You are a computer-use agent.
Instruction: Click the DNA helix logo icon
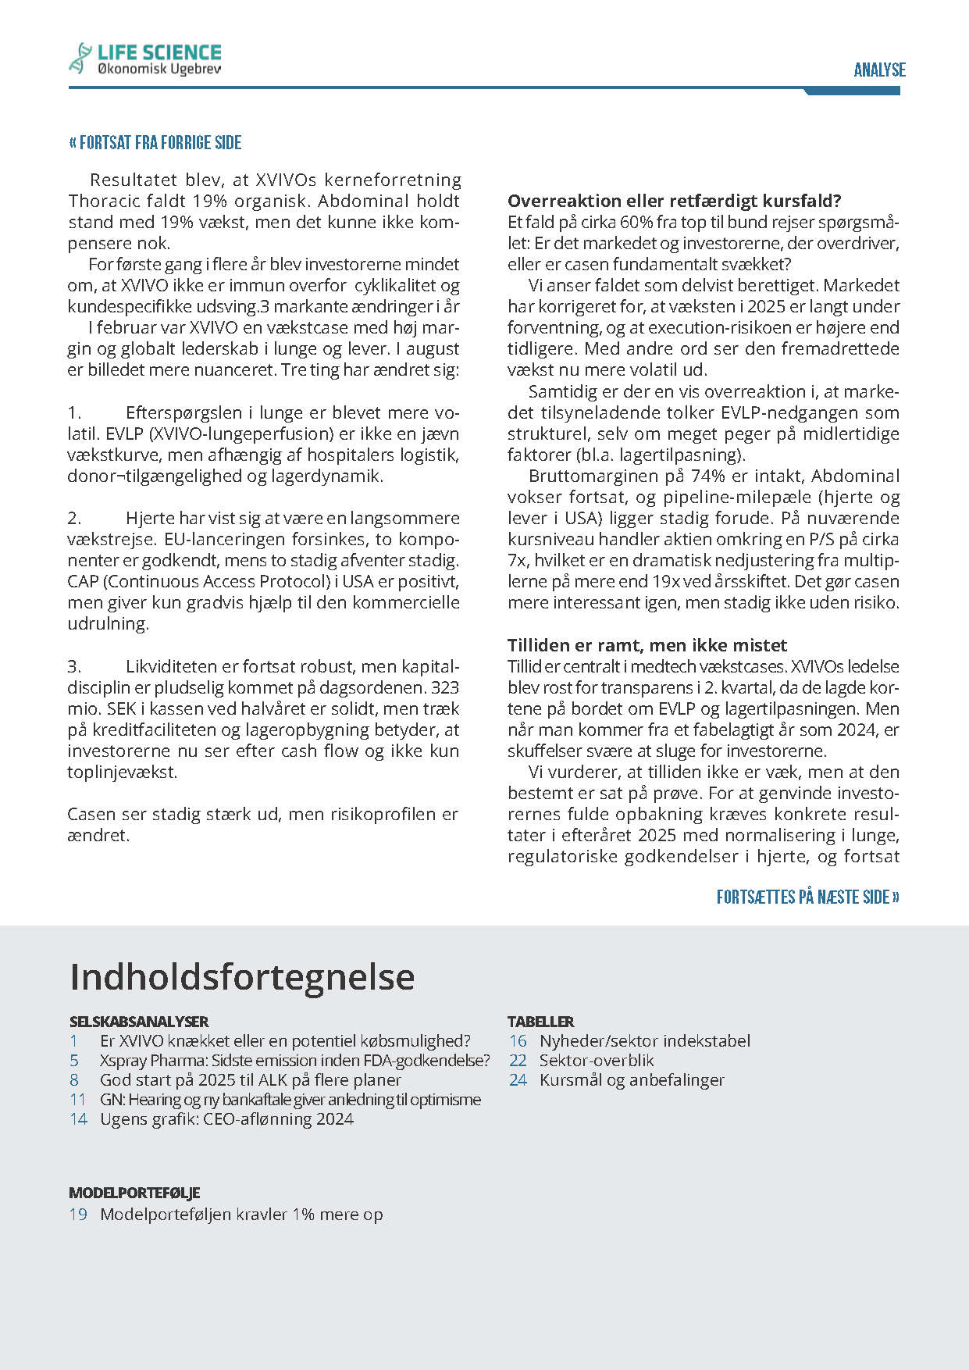80,59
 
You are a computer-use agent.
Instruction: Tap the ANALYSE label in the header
879,70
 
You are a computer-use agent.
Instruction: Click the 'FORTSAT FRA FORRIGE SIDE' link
155,143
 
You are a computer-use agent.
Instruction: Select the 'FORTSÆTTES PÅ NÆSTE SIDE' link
807,897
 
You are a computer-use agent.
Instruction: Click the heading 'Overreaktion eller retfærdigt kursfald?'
674,201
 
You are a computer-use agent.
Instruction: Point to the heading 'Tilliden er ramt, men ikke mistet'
647,645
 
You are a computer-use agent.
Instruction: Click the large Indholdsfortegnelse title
242,976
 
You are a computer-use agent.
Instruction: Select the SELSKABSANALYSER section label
138,1022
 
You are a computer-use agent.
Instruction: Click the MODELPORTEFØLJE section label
134,1193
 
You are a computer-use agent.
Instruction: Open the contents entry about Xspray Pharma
294,1061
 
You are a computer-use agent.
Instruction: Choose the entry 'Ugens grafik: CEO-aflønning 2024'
226,1119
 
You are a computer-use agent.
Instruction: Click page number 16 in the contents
518,1041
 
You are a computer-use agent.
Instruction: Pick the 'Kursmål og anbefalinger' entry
632,1080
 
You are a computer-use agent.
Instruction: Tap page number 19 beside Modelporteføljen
78,1215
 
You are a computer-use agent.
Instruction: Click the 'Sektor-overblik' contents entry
597,1061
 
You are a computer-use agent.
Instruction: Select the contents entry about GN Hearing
290,1100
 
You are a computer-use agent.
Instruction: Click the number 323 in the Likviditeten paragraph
444,688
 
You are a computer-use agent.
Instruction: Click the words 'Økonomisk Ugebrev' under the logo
159,70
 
